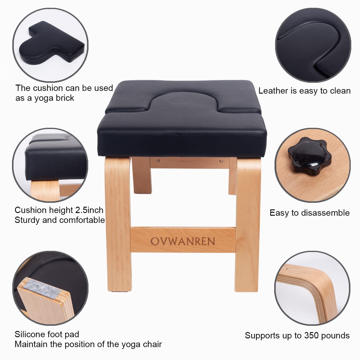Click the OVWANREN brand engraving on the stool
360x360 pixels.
tap(183, 241)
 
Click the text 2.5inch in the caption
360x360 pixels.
tap(89, 210)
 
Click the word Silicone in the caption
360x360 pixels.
tap(29, 334)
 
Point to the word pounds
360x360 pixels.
tap(336, 335)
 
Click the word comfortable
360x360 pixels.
tap(82, 220)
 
